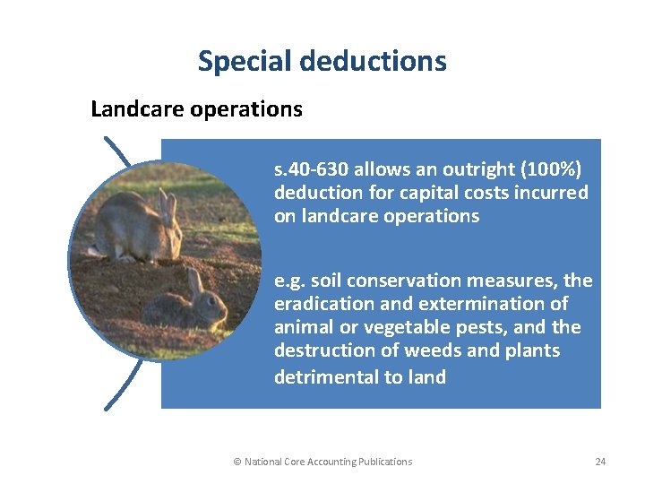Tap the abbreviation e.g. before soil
pyautogui.click(x=291, y=281)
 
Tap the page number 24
pyautogui.click(x=600, y=462)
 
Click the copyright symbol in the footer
pyautogui.click(x=237, y=462)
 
